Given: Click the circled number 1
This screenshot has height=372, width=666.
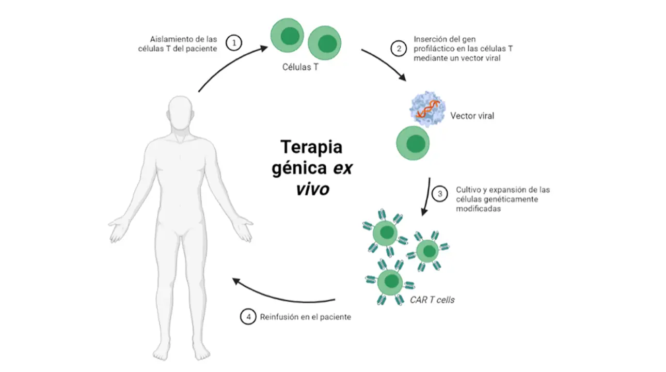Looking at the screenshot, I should click(x=234, y=43).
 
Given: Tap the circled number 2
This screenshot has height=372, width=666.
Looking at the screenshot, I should click(x=399, y=49).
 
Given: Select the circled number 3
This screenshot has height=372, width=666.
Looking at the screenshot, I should click(x=440, y=195).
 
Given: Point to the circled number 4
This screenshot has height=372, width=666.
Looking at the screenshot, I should click(x=248, y=317).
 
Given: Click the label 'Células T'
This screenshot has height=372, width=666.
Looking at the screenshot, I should click(x=300, y=67).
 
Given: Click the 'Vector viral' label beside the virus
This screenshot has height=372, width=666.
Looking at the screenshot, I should click(x=472, y=116).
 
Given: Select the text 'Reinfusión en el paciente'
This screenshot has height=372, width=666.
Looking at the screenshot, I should click(x=306, y=317).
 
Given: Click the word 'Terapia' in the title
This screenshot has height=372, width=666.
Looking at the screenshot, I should click(x=311, y=147).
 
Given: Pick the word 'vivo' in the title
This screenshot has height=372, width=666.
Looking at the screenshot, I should click(x=312, y=189).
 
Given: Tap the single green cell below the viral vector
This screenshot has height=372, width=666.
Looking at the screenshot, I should click(x=413, y=144).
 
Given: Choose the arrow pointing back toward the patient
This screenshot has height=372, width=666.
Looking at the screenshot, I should click(x=284, y=296).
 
